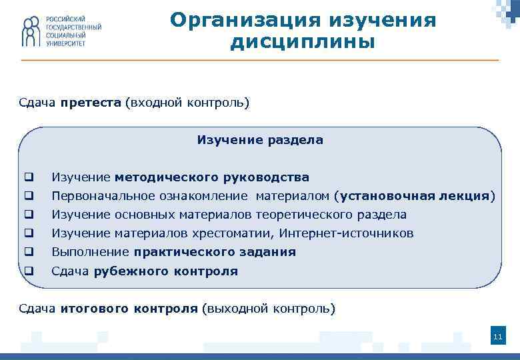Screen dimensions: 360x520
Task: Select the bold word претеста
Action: (91, 103)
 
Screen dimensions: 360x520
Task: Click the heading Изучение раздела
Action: (260, 140)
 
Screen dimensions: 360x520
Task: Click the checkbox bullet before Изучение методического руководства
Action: (29, 177)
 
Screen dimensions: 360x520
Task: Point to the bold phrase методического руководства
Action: (212, 177)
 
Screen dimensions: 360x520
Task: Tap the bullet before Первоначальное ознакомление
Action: (29, 196)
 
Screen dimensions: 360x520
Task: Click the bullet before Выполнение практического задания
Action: (29, 252)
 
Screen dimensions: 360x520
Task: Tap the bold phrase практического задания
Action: (215, 252)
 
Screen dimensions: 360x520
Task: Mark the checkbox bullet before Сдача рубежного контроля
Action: (29, 271)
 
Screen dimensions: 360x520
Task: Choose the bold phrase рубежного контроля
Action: (166, 271)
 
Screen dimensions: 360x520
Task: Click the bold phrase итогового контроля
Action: (129, 309)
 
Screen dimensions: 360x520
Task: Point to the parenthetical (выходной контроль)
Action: (269, 309)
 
